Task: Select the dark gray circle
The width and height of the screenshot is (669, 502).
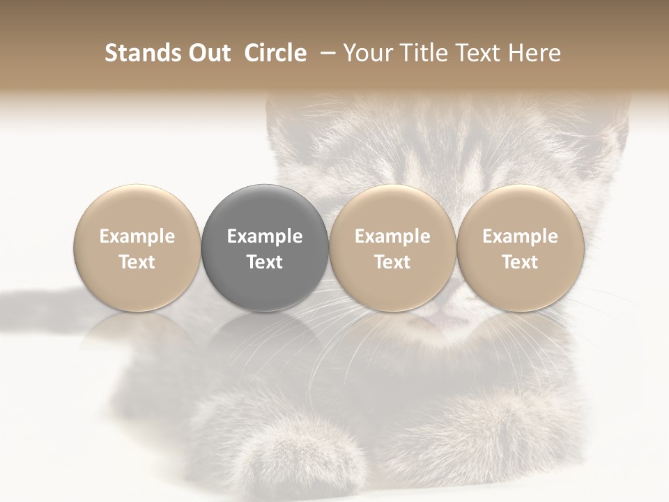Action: [x=265, y=248]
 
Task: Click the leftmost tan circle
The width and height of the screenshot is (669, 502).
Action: [x=137, y=248]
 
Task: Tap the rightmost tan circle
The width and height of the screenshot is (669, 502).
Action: [x=521, y=248]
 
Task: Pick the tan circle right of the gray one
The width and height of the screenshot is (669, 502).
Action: [x=392, y=248]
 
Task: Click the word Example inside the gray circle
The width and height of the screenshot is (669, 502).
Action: [x=265, y=236]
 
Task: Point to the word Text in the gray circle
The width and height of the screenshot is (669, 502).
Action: [x=265, y=262]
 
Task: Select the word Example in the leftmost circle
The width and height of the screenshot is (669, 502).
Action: [x=137, y=236]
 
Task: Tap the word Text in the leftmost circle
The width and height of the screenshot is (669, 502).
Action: [x=137, y=262]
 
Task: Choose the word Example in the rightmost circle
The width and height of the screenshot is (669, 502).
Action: [x=521, y=236]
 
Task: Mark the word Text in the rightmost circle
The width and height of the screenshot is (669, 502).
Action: [x=521, y=262]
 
